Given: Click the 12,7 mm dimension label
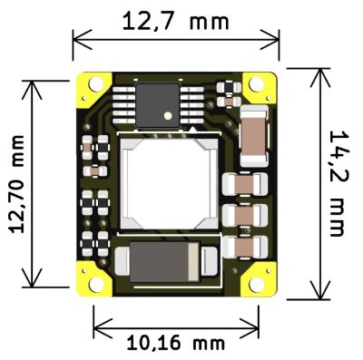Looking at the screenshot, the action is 175,21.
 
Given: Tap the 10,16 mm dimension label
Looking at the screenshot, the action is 175,344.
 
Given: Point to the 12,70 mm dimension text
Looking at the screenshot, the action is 17,184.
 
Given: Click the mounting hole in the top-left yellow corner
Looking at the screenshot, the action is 96,83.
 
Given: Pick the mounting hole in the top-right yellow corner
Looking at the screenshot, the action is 256,83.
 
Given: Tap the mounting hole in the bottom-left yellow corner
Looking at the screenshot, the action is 96,285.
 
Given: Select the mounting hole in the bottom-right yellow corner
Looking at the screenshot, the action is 256,285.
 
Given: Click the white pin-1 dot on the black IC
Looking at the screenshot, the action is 167,115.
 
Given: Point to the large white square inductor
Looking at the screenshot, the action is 169,183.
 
